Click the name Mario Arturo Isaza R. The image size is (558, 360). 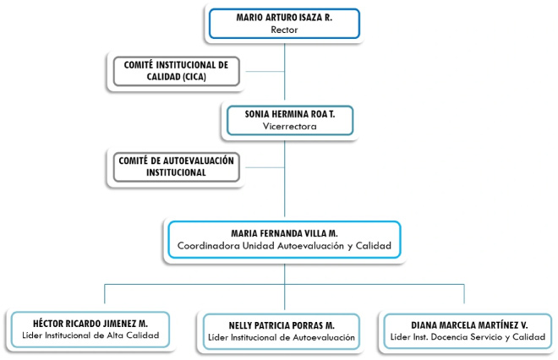(284, 18)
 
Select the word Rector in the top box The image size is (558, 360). (284, 30)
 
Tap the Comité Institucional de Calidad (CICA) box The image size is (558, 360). (176, 71)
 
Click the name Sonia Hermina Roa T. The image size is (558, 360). (290, 114)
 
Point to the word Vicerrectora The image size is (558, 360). (290, 126)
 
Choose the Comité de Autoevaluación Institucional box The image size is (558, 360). (176, 166)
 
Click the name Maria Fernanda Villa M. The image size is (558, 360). (284, 233)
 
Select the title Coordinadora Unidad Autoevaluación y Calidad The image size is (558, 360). (284, 246)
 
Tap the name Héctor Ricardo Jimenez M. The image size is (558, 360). (90, 324)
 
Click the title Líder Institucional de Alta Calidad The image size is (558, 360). (90, 335)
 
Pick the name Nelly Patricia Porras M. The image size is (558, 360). (282, 325)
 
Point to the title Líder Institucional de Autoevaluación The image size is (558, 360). (282, 337)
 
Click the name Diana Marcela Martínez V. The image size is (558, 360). (469, 325)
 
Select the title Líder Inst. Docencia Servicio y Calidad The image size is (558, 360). (468, 337)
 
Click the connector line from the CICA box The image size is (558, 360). (265, 72)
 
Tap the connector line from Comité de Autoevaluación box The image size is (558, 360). (265, 167)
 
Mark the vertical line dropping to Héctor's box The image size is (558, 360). (105, 294)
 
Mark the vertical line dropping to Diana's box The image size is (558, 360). (464, 294)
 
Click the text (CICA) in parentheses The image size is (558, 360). (194, 77)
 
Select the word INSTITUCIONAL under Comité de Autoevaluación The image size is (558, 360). (176, 172)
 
